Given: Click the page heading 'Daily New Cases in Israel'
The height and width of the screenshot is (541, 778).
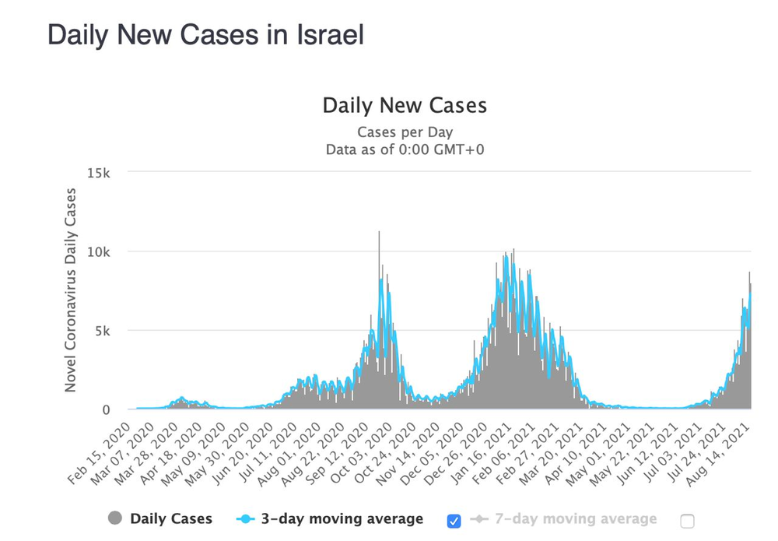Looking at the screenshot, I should tap(205, 35).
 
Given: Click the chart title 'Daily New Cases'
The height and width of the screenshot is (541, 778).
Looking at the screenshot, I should tap(405, 106).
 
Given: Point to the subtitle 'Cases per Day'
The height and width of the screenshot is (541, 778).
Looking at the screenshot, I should tap(405, 132).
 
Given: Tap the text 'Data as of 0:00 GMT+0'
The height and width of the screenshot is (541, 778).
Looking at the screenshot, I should tap(405, 149).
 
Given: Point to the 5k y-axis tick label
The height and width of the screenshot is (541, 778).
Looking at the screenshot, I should tap(103, 331).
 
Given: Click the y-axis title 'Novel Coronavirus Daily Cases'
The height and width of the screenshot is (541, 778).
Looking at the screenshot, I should tap(71, 290).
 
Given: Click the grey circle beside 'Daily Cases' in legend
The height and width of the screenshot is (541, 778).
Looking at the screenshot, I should tap(116, 518).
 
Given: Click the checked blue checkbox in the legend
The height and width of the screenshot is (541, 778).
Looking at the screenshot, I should tap(454, 521).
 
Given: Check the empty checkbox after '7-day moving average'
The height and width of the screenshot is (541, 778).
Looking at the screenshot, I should tap(686, 521).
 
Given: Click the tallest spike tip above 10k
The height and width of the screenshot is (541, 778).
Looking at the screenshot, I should tap(379, 233).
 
